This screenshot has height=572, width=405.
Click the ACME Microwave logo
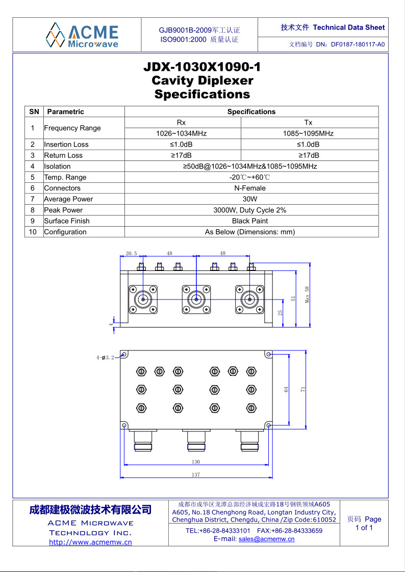coord(82,35)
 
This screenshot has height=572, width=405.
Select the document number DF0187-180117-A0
coord(358,45)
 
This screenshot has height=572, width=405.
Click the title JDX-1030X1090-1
coord(202,67)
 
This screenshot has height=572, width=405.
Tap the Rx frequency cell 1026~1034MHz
coord(182,133)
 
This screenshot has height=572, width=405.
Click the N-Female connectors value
coord(250,188)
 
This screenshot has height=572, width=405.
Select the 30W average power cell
coord(250,199)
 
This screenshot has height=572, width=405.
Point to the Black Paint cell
coord(250,221)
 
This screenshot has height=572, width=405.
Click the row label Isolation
coord(57,167)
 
